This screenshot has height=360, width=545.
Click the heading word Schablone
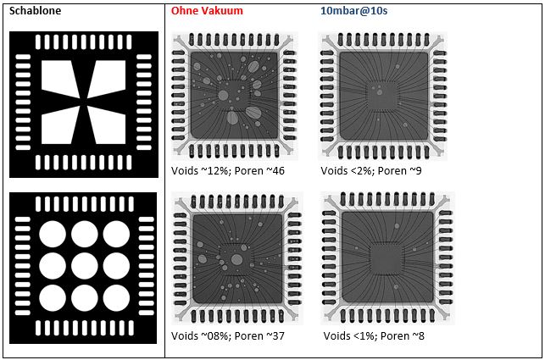click(35, 10)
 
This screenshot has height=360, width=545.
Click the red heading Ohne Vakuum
click(207, 10)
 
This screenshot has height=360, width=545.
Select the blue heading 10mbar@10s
click(353, 10)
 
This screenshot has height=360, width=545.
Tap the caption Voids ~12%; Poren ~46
click(228, 170)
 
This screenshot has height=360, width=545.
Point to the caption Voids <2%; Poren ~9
click(371, 170)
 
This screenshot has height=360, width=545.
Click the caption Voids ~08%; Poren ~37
click(228, 335)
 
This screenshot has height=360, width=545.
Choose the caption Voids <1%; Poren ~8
click(374, 335)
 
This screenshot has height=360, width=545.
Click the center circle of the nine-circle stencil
click(85, 266)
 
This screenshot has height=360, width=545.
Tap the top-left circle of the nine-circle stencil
click(53, 234)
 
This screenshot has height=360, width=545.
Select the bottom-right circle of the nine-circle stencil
click(116, 298)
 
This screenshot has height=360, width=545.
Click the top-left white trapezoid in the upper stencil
click(59, 79)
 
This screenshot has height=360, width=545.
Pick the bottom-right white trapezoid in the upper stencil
click(108, 126)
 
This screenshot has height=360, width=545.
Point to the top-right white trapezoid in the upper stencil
click(108, 79)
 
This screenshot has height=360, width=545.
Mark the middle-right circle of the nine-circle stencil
click(116, 266)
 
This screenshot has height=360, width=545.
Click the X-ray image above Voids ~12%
click(235, 96)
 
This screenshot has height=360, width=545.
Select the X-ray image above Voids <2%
click(382, 96)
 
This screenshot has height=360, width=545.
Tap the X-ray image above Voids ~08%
click(237, 258)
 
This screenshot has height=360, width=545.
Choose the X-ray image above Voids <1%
click(387, 258)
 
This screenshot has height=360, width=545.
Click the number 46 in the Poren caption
click(277, 170)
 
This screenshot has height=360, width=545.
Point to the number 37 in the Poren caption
click(277, 335)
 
